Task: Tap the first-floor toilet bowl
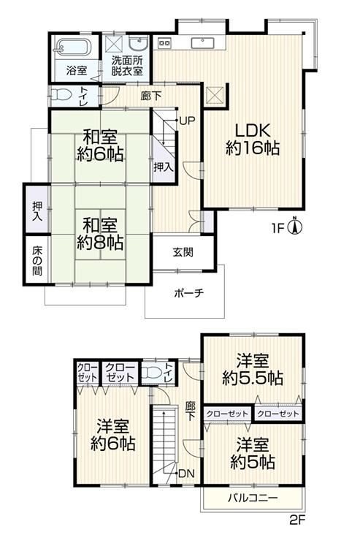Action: point(61,95)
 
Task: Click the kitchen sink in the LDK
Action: point(202,43)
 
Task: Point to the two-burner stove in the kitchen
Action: point(164,42)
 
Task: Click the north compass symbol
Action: point(295,227)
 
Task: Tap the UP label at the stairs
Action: point(187,121)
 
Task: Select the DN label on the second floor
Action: point(187,474)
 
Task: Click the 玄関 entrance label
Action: point(183,252)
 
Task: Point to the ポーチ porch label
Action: point(189,293)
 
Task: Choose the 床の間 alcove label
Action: point(37,260)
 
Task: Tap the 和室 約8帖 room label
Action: point(100,234)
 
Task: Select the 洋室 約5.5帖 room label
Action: point(253,369)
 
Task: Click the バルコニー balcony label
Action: point(253,498)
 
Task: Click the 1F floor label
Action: point(277,228)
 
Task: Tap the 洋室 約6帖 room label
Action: point(113,435)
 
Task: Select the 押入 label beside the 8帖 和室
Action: point(37,211)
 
